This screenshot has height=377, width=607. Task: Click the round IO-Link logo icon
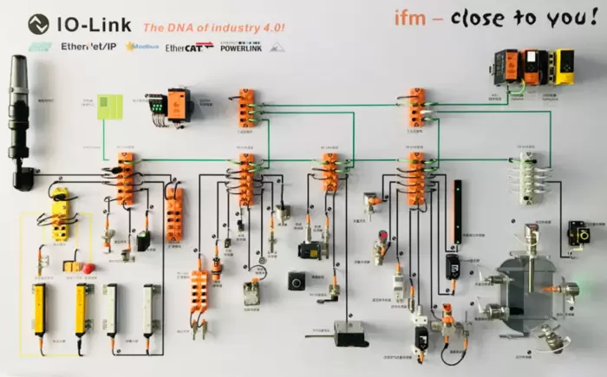38,24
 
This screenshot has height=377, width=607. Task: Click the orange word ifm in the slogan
410,18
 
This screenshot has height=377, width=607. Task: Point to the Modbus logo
141,47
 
